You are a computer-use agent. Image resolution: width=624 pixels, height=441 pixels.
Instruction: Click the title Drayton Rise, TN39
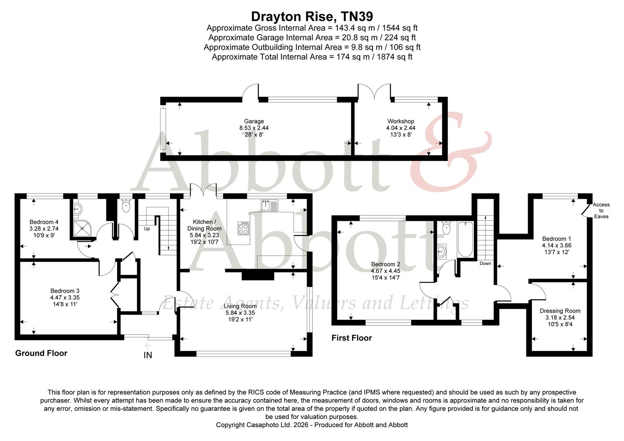click(x=312, y=16)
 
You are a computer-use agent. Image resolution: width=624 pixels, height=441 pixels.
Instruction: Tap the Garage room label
click(x=254, y=121)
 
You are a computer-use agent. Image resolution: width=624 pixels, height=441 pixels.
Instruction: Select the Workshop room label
click(x=401, y=121)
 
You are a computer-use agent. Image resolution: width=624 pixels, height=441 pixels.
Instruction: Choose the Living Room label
click(x=240, y=306)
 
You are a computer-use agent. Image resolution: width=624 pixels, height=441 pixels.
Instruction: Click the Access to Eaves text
click(x=601, y=210)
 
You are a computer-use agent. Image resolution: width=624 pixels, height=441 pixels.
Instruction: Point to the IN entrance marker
click(x=148, y=355)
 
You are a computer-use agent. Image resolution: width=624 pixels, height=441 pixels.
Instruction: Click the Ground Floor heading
click(x=41, y=353)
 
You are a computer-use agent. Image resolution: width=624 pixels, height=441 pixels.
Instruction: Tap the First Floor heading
click(x=352, y=338)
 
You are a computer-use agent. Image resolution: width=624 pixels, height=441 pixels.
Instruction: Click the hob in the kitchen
click(x=244, y=228)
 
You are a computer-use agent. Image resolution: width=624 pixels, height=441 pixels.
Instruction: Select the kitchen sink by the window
click(x=269, y=204)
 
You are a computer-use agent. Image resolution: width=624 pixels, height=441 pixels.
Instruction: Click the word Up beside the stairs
click(x=147, y=229)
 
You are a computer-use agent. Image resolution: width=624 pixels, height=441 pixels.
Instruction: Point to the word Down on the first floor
click(x=485, y=263)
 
